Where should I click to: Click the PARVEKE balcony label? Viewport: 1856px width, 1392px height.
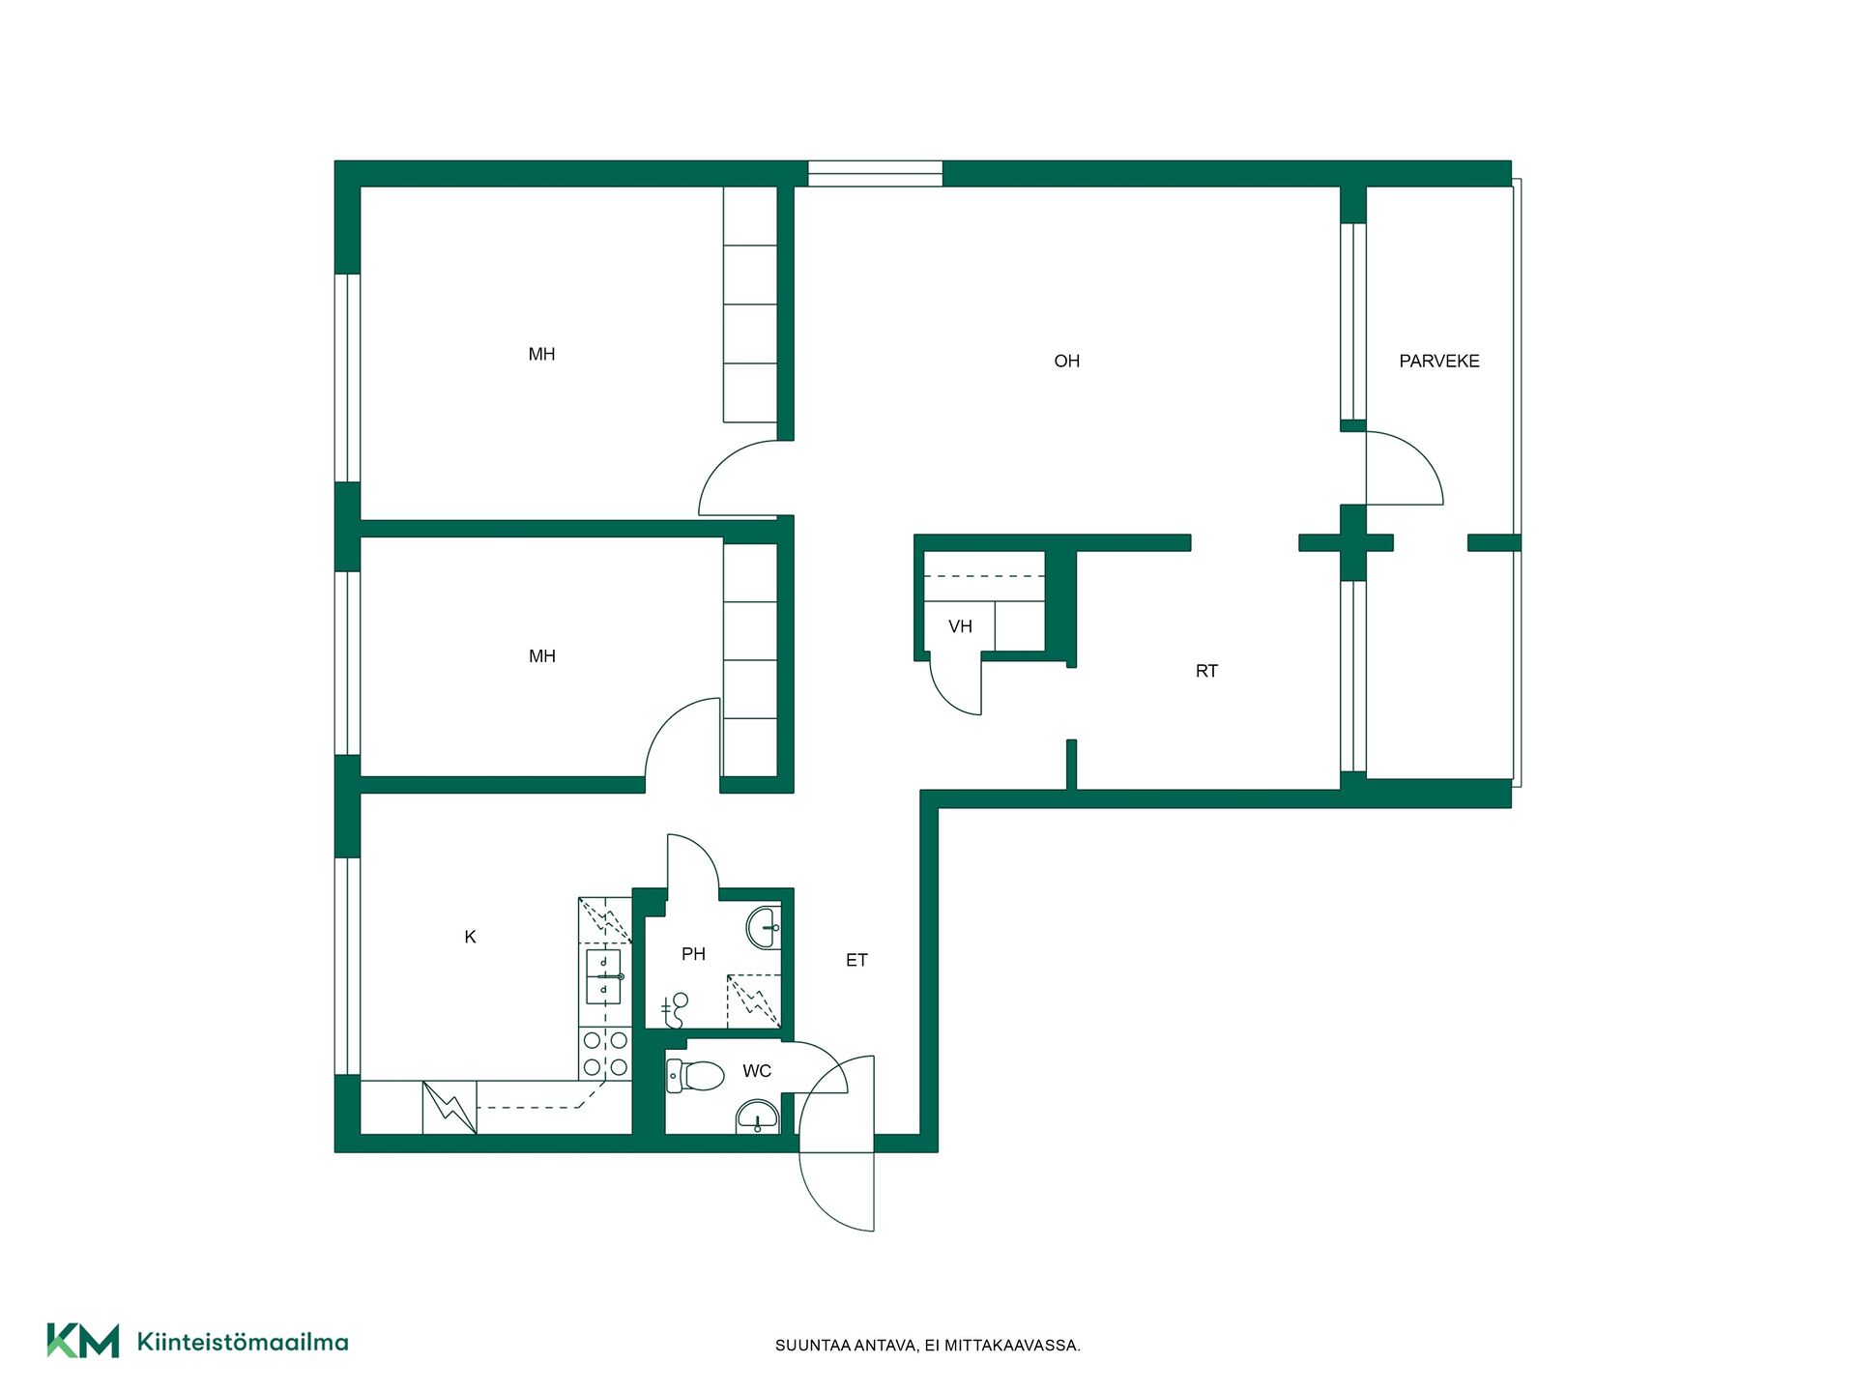pos(1438,361)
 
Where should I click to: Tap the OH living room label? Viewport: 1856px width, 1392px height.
pos(1066,361)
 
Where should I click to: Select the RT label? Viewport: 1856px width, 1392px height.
pos(1206,671)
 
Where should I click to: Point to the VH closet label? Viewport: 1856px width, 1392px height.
pos(960,626)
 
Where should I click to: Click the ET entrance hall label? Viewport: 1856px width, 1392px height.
pos(856,960)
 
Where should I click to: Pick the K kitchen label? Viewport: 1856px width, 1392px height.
pos(470,937)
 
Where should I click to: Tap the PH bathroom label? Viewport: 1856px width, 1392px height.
pos(693,954)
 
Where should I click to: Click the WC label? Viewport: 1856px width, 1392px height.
pos(757,1071)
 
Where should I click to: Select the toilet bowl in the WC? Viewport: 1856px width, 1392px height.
pos(695,1075)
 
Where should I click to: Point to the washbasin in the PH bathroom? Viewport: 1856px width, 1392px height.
pos(764,927)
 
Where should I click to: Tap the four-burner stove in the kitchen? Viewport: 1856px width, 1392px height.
pos(605,1054)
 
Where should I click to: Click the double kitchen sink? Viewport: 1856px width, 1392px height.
pos(604,976)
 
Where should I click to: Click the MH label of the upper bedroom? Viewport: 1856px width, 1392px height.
pos(541,355)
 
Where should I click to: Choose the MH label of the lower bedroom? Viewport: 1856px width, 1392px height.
pos(541,656)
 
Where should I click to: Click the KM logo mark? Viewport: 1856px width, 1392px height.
pos(83,1341)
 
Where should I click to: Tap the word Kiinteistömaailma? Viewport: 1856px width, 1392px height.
pos(243,1342)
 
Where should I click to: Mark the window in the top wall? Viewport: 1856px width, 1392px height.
pos(875,173)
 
